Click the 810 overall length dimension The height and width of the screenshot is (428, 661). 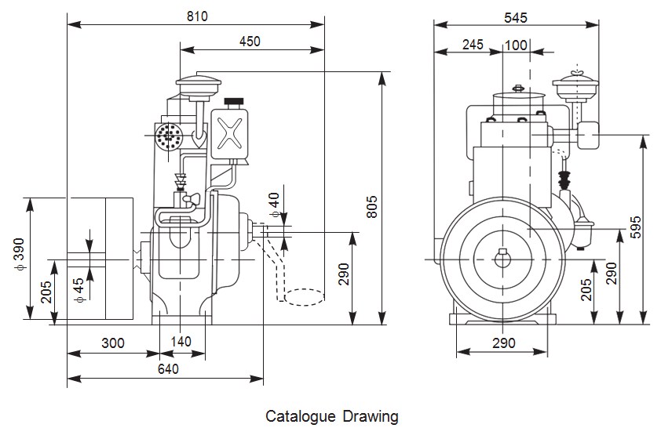point(196,16)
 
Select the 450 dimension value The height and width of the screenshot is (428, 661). point(250,42)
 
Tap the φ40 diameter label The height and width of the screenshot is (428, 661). point(273,204)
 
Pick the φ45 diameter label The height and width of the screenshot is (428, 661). point(79,288)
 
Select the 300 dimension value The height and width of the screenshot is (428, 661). point(113,343)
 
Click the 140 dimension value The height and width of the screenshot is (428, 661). point(181,343)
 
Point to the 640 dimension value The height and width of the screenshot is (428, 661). point(168,368)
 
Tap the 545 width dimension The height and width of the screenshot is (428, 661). point(516,16)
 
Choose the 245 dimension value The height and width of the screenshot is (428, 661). point(473,45)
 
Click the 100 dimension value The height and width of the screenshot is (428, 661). point(516,45)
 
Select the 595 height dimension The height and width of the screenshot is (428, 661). point(636,227)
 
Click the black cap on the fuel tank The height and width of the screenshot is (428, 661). point(232,103)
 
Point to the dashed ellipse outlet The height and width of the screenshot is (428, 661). point(302,297)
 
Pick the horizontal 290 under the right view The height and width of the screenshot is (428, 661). point(503,343)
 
